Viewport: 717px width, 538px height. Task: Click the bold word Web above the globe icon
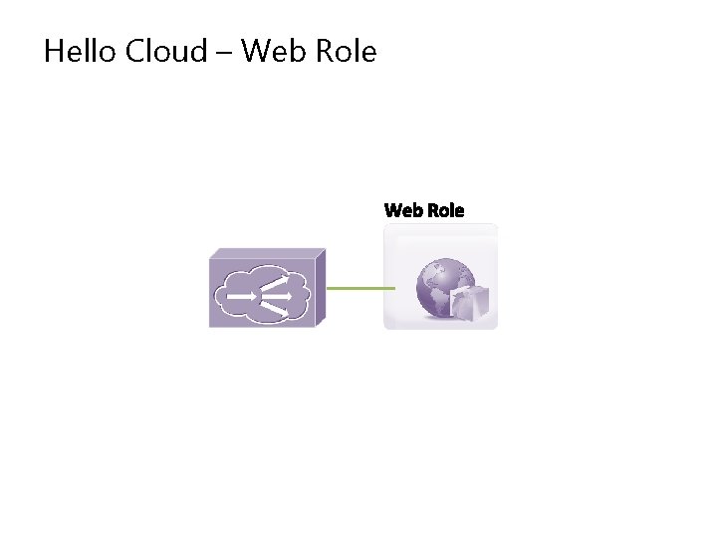pyautogui.click(x=403, y=210)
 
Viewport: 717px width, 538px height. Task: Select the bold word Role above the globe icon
pyautogui.click(x=445, y=210)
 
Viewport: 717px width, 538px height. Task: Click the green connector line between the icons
pyautogui.click(x=360, y=289)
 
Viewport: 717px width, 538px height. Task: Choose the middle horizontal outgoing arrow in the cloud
pyautogui.click(x=280, y=296)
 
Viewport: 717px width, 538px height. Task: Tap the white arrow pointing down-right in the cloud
pyautogui.click(x=278, y=309)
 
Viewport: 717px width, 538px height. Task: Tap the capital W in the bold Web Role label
pyautogui.click(x=393, y=210)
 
